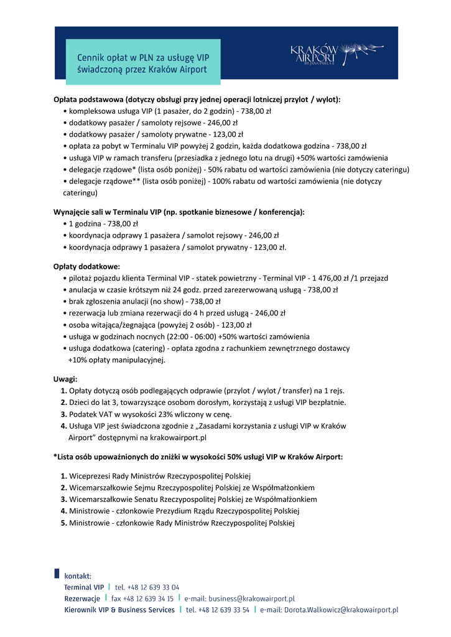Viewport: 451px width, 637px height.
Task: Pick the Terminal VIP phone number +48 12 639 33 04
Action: [147, 587]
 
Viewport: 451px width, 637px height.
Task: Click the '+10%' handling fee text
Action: [78, 360]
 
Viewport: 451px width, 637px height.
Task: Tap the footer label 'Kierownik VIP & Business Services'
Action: [119, 610]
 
